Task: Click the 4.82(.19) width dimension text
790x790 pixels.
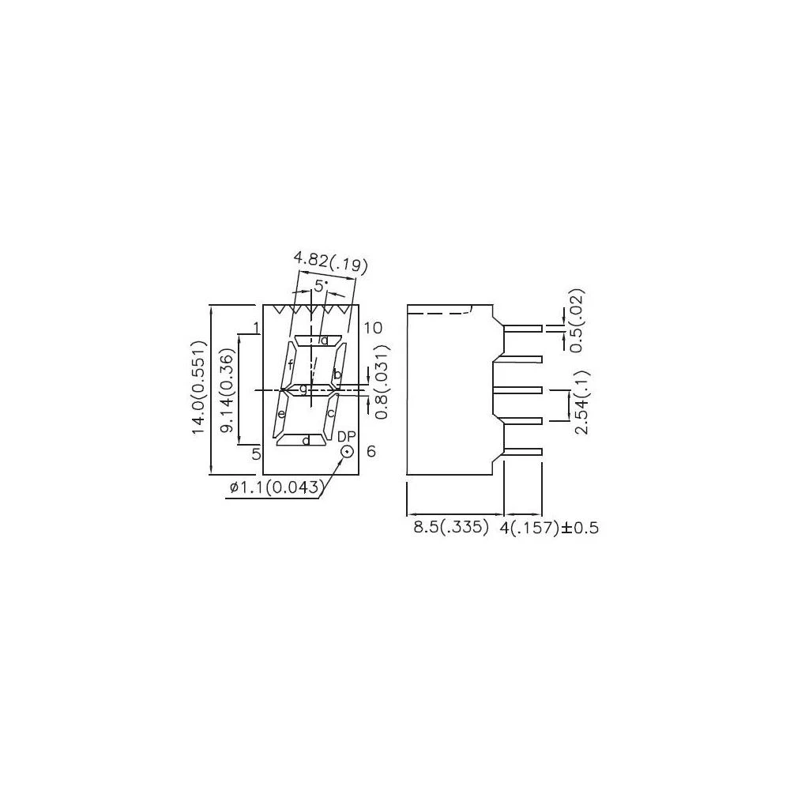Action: click(330, 262)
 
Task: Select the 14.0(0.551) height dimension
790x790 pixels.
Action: click(199, 386)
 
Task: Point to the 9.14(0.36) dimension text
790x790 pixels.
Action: click(228, 391)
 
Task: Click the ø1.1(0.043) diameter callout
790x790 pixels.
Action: click(275, 487)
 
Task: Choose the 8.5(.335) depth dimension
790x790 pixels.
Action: click(451, 528)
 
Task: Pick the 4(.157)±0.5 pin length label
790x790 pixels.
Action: click(549, 528)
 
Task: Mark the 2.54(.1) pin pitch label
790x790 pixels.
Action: click(581, 401)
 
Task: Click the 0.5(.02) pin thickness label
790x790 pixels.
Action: click(576, 321)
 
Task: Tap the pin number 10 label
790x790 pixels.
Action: click(373, 328)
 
